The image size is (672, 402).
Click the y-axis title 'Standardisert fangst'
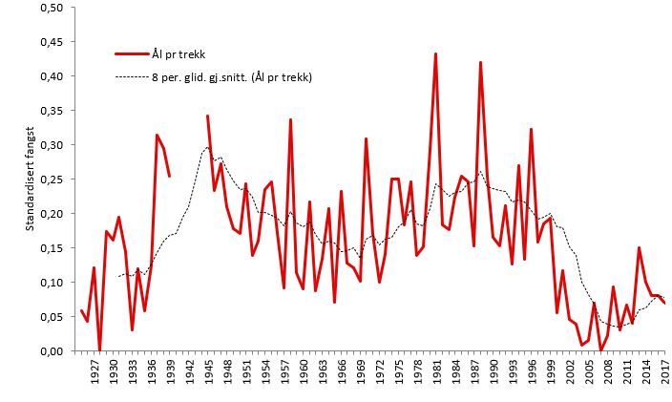tap(31, 179)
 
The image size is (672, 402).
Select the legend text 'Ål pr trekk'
tap(178, 54)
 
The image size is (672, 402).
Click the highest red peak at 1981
tap(436, 53)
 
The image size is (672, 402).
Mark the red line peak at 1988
tap(480, 62)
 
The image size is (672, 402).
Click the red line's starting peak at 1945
tap(208, 116)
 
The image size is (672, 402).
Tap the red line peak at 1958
tap(290, 119)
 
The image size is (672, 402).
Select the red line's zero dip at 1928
tap(100, 350)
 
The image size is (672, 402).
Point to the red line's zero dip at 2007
tap(600, 350)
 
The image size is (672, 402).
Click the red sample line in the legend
tap(132, 54)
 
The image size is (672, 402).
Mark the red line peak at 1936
tap(157, 135)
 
